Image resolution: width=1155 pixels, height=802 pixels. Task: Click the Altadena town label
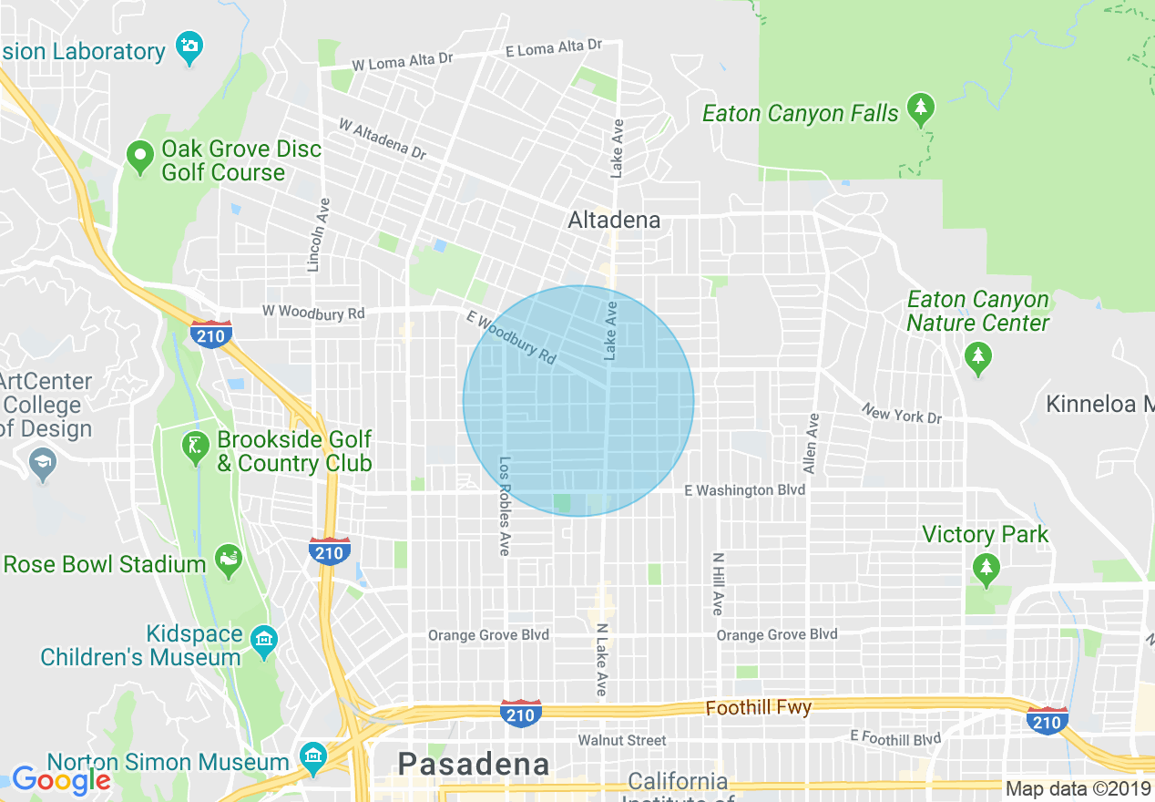tap(614, 221)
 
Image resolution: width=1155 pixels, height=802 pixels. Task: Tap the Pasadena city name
tap(475, 764)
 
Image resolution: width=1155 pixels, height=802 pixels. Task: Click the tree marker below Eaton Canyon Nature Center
tap(978, 358)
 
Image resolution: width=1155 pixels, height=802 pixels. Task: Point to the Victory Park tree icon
tap(985, 569)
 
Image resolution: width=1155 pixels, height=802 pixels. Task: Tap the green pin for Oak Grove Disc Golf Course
tap(140, 158)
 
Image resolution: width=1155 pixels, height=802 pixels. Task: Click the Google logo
tap(61, 780)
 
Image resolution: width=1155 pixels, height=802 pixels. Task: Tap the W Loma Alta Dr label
tap(403, 62)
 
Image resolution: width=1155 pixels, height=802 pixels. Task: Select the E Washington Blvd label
tap(744, 490)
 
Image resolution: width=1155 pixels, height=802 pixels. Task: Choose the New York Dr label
tap(902, 415)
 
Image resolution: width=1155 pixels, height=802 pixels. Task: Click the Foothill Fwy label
tap(759, 707)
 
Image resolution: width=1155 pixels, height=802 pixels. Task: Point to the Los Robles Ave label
tap(504, 507)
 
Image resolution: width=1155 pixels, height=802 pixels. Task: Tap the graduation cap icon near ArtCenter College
tap(42, 465)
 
